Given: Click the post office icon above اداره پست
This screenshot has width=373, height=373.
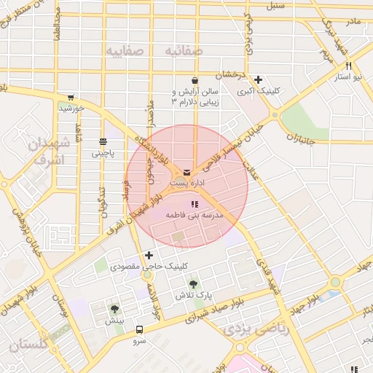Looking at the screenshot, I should pos(187,171).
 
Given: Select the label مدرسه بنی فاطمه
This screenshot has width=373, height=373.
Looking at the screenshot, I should pos(194,216).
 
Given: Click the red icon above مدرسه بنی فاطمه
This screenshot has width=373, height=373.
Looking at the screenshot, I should pos(194,205).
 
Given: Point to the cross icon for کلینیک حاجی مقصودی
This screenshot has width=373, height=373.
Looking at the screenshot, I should pos(149,256).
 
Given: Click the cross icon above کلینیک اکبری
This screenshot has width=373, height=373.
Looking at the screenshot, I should pos(259,79).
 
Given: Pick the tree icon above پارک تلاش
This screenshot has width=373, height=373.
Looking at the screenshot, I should pos(193,285).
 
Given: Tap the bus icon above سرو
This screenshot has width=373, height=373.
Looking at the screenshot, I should pos(138,329).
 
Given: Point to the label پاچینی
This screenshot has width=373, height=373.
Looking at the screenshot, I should pos(102,154).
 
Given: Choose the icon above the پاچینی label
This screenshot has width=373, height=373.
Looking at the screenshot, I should pos(102,142).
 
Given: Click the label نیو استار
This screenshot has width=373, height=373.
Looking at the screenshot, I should pos(348,76).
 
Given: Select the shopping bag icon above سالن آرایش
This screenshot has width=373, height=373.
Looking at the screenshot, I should pos(195,81).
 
